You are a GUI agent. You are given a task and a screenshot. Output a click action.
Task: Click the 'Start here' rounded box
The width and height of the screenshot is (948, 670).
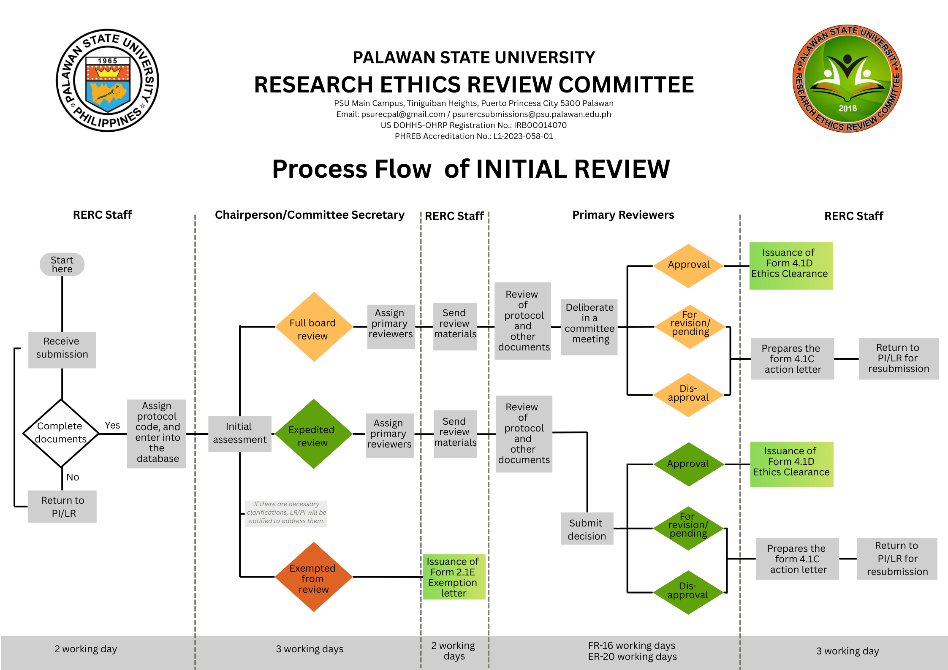tap(62, 265)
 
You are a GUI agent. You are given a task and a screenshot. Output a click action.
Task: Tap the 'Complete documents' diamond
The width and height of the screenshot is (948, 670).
tap(61, 433)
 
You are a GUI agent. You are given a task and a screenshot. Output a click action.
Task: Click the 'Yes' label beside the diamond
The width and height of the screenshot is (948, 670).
tap(112, 425)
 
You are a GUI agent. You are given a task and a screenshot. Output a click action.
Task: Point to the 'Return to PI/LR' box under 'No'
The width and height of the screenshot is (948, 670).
tap(62, 507)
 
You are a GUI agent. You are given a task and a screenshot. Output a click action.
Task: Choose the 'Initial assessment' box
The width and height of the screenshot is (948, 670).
tap(239, 434)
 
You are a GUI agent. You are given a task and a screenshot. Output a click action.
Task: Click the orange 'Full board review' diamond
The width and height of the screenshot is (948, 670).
tap(313, 327)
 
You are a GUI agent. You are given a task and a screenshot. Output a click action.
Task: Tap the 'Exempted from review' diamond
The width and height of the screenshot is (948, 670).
tap(313, 577)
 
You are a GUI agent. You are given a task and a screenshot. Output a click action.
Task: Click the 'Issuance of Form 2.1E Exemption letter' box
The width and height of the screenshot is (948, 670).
tap(454, 577)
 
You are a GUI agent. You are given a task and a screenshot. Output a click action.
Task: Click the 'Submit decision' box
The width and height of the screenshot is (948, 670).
tap(587, 529)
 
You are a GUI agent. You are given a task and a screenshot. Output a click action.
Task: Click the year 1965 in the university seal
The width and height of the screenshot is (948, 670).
tap(107, 61)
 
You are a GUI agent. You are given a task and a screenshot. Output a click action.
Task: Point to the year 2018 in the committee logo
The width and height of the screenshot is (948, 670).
tap(847, 108)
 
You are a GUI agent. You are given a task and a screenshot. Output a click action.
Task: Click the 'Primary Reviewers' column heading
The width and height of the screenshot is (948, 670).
tap(623, 215)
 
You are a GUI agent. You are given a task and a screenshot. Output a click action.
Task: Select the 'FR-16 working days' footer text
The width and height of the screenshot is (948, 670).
tap(631, 646)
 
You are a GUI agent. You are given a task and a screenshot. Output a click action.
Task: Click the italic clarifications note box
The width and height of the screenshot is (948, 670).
tap(286, 513)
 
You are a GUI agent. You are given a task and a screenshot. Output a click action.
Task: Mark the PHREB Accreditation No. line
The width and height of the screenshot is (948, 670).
tap(473, 136)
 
